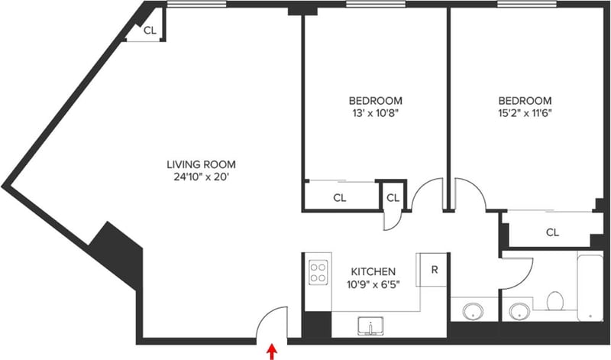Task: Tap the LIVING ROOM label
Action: click(201, 164)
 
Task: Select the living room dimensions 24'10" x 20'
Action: click(201, 177)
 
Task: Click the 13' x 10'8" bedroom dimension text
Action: click(375, 113)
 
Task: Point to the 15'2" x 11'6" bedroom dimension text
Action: click(525, 113)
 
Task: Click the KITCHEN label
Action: click(373, 271)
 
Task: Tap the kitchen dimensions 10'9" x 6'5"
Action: click(373, 284)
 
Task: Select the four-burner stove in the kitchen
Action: click(318, 272)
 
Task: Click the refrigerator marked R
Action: click(433, 270)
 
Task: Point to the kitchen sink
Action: click(370, 326)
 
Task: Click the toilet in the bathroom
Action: click(555, 300)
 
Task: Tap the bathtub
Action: click(590, 287)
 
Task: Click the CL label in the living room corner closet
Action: click(150, 31)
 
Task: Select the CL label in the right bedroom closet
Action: click(552, 232)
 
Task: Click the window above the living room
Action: click(197, 5)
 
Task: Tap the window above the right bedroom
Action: click(527, 5)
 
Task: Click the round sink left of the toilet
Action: click(519, 312)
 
